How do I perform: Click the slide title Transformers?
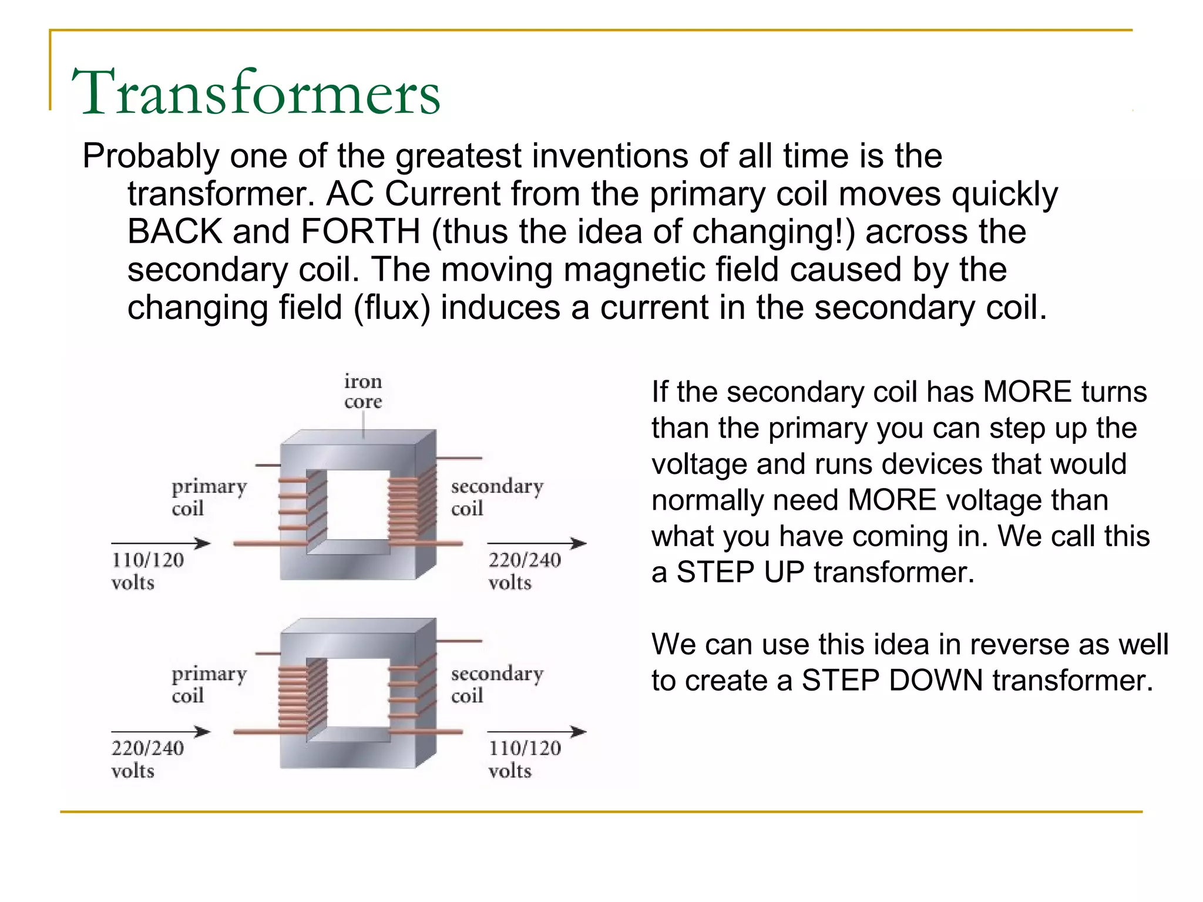pyautogui.click(x=256, y=92)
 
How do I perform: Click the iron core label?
pyautogui.click(x=363, y=391)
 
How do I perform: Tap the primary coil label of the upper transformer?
pyautogui.click(x=209, y=497)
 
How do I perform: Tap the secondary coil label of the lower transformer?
pyautogui.click(x=496, y=684)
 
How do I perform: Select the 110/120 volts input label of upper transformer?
pyautogui.click(x=147, y=571)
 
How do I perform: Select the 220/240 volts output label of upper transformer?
pyautogui.click(x=524, y=571)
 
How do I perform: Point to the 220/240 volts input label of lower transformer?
pyautogui.click(x=147, y=759)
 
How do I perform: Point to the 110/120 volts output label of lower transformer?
pyautogui.click(x=524, y=759)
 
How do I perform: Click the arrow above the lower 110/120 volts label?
pyautogui.click(x=536, y=732)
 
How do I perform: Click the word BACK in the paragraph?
pyautogui.click(x=175, y=231)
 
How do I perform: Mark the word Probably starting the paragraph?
pyautogui.click(x=150, y=157)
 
